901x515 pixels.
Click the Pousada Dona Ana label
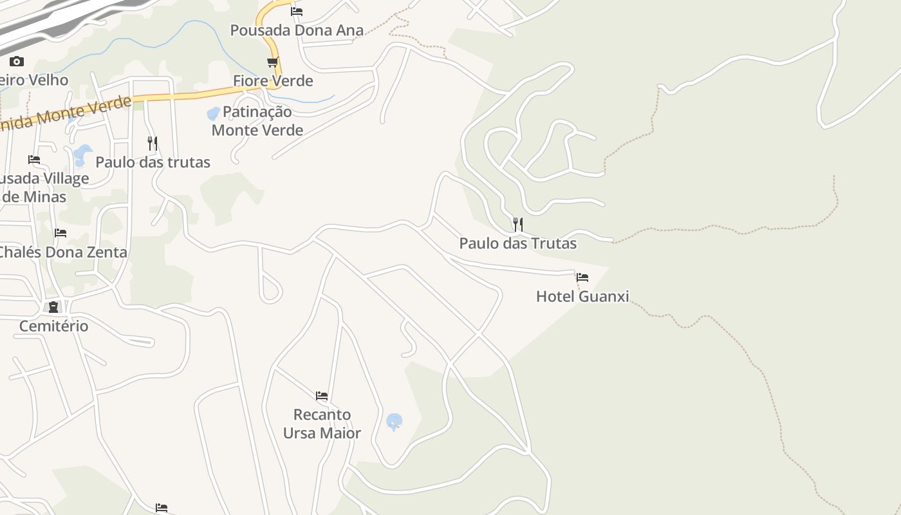click(297, 30)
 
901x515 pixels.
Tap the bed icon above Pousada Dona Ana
click(297, 11)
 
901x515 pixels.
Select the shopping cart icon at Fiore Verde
click(273, 62)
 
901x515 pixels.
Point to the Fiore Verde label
click(273, 81)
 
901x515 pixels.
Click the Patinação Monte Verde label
click(257, 121)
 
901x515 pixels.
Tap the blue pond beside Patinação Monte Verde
click(212, 114)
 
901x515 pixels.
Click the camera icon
click(17, 62)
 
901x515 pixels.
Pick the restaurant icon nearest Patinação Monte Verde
click(153, 143)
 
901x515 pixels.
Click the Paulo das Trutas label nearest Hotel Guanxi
click(517, 243)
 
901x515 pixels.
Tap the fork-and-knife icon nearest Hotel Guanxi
click(517, 225)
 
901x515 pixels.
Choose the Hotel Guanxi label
click(582, 297)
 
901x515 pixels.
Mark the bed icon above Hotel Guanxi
click(582, 277)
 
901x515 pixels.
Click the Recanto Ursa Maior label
click(322, 424)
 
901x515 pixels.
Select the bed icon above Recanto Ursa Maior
click(322, 395)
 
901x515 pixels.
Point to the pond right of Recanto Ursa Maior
click(395, 422)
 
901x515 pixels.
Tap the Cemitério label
click(53, 326)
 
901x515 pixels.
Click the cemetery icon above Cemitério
click(53, 307)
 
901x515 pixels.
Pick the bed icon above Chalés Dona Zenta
click(60, 233)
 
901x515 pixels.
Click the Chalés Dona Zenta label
click(63, 252)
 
